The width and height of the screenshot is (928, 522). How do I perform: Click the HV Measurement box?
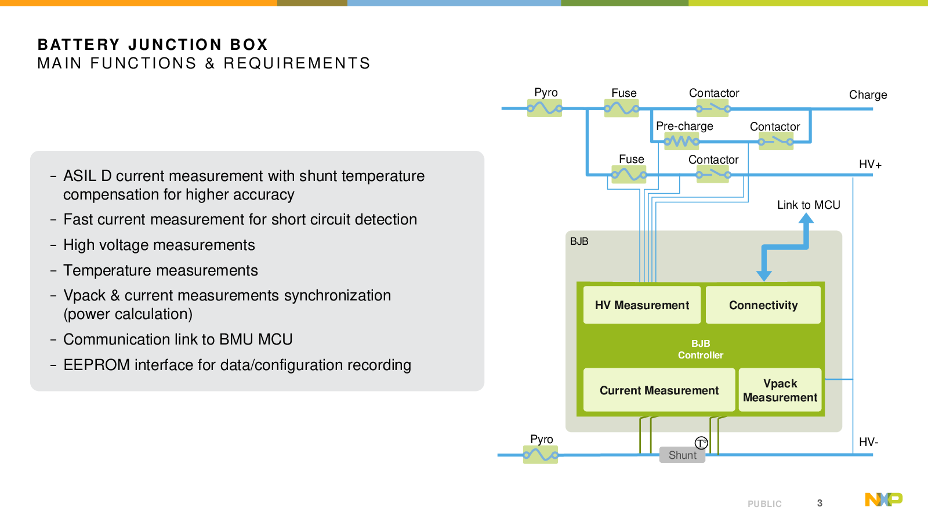click(641, 305)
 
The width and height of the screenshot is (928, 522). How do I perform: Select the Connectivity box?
click(763, 305)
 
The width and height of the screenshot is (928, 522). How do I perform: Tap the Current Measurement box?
click(659, 390)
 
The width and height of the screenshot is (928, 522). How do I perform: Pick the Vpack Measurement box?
click(780, 390)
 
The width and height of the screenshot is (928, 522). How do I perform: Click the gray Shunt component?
click(682, 455)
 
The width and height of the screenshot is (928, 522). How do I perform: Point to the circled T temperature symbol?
click(701, 443)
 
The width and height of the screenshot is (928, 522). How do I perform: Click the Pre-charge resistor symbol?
click(681, 142)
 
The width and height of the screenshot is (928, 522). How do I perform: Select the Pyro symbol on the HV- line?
click(541, 455)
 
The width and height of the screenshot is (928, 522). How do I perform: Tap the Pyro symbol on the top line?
click(545, 108)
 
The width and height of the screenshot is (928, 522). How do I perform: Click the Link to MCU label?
click(809, 205)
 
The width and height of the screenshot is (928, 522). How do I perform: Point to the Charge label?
click(868, 95)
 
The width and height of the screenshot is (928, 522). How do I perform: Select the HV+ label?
click(871, 165)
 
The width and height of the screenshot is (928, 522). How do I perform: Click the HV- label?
click(869, 442)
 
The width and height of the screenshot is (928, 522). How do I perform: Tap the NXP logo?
click(884, 499)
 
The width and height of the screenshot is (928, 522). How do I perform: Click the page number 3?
click(820, 503)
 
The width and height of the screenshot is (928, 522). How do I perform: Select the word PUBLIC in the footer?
click(765, 504)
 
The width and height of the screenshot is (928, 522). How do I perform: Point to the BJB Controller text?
click(701, 349)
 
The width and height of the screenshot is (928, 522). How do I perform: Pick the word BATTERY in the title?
click(79, 44)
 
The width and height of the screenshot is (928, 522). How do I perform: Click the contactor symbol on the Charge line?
click(713, 108)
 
